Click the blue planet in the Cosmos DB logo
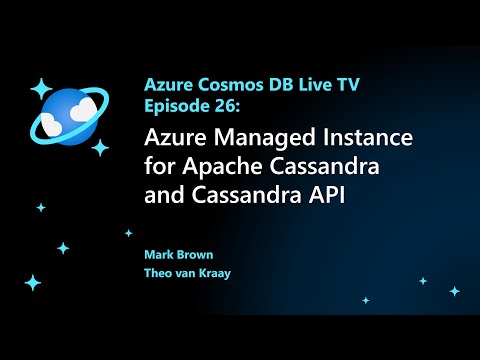[68, 117]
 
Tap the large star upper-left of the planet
[41, 87]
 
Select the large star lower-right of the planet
[100, 147]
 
